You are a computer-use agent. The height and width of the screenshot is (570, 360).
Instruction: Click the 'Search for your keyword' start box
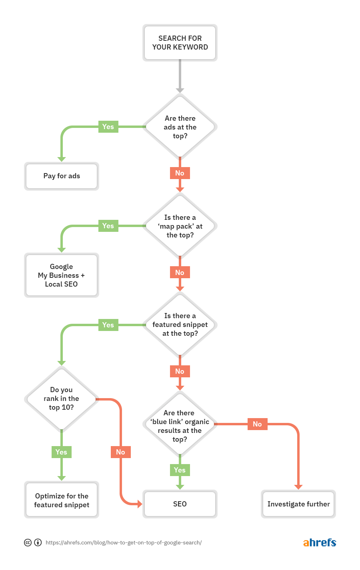[x=180, y=43]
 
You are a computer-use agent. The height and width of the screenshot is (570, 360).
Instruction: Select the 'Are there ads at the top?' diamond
[x=180, y=127]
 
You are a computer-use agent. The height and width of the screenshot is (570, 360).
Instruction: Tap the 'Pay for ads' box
[x=62, y=176]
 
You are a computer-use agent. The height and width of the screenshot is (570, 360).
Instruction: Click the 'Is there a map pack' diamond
[x=180, y=226]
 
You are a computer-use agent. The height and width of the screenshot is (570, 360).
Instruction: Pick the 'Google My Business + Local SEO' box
[x=62, y=275]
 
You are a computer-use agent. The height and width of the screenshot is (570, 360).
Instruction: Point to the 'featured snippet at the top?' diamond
[x=180, y=325]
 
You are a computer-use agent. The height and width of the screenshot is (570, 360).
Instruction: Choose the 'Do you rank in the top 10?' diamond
[x=62, y=399]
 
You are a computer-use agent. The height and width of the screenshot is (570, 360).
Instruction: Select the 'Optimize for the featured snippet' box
[x=62, y=500]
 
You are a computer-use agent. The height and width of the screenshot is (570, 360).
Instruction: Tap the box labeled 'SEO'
[x=180, y=504]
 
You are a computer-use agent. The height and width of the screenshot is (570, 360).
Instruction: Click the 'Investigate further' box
[x=298, y=504]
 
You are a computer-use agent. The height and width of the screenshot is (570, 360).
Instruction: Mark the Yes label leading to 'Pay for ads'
[x=108, y=127]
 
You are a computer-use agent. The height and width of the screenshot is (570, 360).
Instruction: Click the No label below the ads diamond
[x=180, y=173]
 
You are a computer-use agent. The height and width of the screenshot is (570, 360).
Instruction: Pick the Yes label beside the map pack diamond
[x=108, y=226]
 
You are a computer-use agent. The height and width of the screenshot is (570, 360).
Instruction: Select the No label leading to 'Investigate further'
[x=257, y=424]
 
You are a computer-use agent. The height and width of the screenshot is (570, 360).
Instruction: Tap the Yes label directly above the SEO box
[x=180, y=470]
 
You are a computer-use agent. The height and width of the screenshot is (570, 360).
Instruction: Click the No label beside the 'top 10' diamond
[x=120, y=452]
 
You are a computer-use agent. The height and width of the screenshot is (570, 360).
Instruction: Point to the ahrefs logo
[x=320, y=542]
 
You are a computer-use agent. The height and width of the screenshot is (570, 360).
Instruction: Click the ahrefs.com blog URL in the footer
[x=124, y=542]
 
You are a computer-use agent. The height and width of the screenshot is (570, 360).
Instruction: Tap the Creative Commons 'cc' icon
[x=28, y=542]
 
